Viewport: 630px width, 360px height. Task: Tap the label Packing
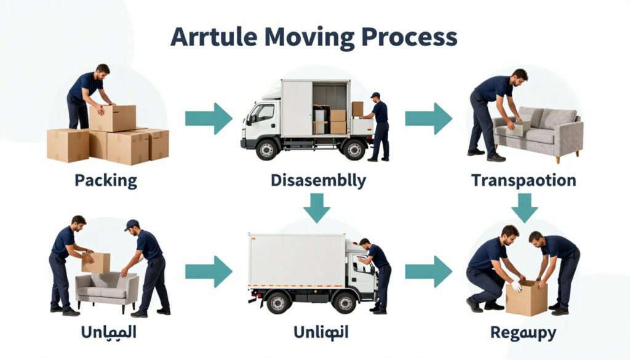click(106, 181)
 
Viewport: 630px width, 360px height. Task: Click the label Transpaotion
click(524, 181)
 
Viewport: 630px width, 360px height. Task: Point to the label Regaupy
click(523, 333)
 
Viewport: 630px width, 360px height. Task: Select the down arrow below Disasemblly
click(317, 207)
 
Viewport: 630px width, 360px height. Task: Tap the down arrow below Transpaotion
click(524, 207)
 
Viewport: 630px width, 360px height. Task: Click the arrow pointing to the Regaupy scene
click(428, 271)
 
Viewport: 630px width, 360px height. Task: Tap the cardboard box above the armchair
click(96, 263)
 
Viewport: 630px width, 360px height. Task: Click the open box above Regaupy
click(526, 298)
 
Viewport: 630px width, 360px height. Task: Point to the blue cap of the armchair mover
click(132, 225)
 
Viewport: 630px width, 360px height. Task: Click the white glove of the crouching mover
click(516, 286)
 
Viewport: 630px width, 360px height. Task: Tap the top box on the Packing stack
click(113, 118)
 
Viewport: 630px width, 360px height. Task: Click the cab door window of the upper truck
click(264, 113)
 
